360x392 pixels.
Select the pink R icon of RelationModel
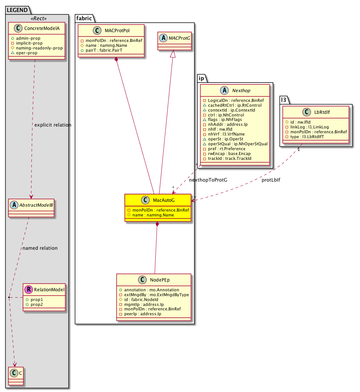click(x=28, y=289)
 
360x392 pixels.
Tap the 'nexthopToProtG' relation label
click(x=208, y=180)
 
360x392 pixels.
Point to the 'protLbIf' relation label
click(x=271, y=180)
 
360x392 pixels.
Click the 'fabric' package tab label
click(x=84, y=18)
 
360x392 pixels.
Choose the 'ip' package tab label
click(x=201, y=78)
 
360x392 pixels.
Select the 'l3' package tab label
click(x=286, y=100)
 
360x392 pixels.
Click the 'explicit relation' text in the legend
click(x=53, y=125)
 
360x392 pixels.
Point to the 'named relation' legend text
click(x=40, y=248)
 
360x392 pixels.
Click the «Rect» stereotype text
click(x=37, y=18)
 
